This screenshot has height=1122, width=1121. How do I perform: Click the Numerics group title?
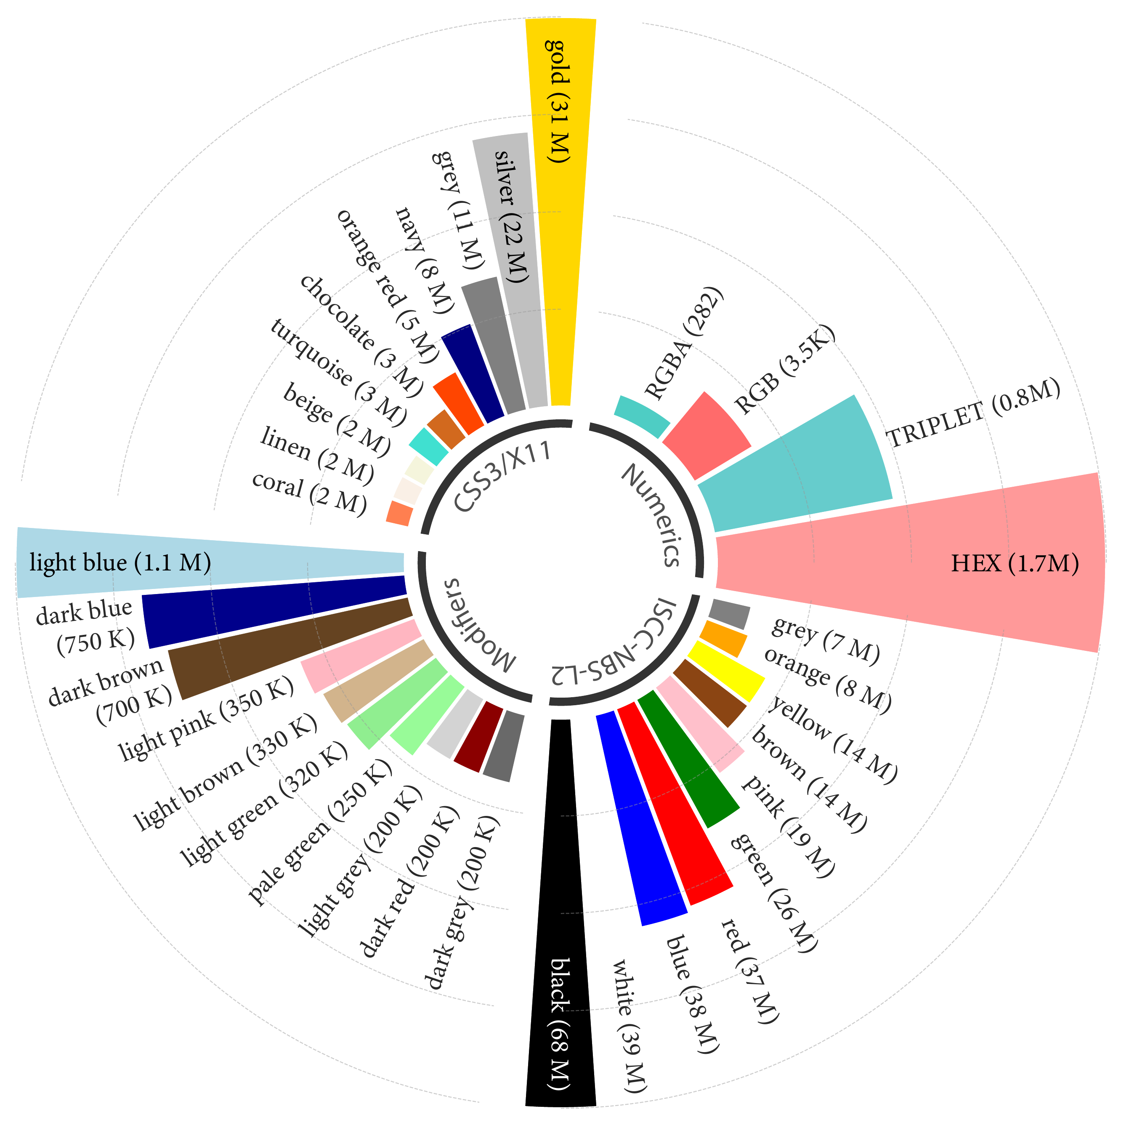pos(650,514)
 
